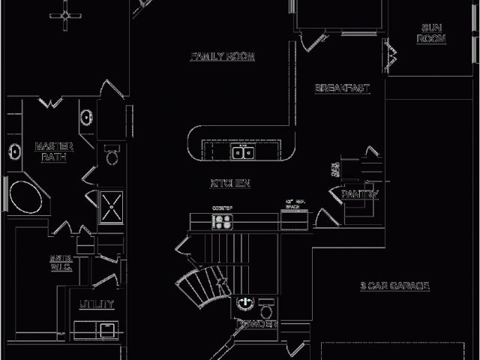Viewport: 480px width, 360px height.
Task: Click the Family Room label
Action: tap(223, 57)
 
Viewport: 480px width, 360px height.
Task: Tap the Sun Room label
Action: tap(432, 34)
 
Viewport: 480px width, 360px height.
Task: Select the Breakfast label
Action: tap(343, 88)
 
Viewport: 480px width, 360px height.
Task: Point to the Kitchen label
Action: tap(230, 183)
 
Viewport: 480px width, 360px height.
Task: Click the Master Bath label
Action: tap(54, 151)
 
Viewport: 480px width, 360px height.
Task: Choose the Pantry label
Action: tap(360, 194)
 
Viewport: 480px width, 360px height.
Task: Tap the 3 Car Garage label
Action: tap(394, 286)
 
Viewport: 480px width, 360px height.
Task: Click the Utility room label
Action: tap(97, 304)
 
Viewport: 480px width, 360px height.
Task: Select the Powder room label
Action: tap(256, 324)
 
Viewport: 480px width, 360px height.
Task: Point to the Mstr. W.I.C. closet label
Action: tap(61, 262)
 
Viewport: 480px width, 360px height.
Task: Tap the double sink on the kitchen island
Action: tap(242, 153)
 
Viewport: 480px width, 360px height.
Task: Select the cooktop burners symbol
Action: tap(223, 221)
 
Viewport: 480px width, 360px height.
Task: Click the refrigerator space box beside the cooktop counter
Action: tap(294, 219)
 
